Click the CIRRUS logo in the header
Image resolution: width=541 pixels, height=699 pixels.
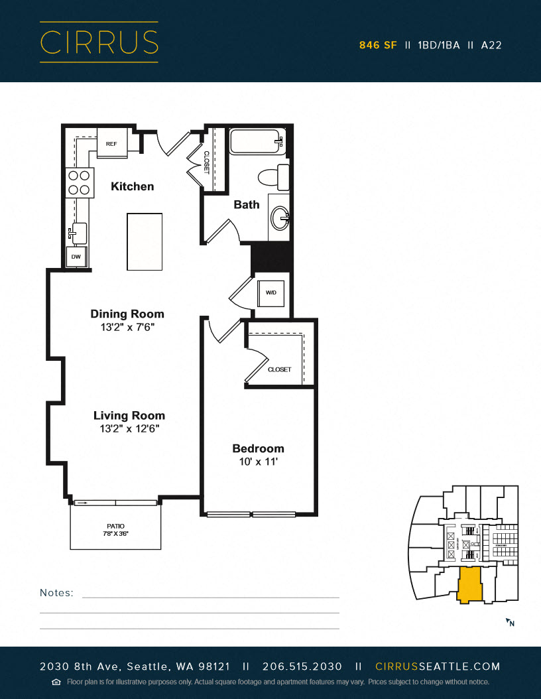[x=99, y=42]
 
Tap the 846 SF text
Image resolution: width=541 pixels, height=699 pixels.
[x=378, y=46]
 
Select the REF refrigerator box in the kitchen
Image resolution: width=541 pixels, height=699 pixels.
[x=112, y=143]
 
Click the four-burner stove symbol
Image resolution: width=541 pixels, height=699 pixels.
[x=78, y=182]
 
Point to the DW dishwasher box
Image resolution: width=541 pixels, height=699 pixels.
[x=76, y=256]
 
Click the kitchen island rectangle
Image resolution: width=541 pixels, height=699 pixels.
[x=145, y=241]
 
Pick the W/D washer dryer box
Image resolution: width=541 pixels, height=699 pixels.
[x=271, y=292]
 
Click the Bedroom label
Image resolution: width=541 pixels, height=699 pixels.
[x=258, y=448]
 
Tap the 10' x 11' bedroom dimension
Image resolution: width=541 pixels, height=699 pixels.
[x=258, y=462]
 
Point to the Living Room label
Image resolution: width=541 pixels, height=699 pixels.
[x=129, y=416]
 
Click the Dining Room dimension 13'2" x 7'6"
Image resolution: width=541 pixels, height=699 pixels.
[x=127, y=327]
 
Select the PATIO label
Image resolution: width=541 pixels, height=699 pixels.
[x=115, y=526]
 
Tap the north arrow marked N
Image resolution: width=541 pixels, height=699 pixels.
[x=510, y=622]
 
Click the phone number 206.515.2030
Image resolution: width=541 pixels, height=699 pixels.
[x=302, y=667]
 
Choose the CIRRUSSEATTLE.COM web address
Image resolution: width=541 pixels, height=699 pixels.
[x=438, y=667]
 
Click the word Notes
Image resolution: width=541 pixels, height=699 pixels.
[x=57, y=593]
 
